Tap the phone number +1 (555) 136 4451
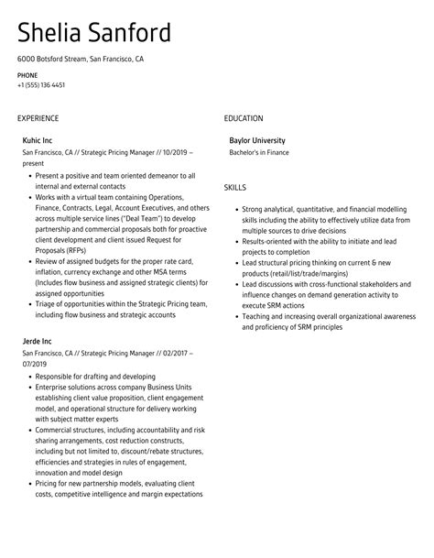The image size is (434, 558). (40, 85)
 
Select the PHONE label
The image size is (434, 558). (27, 74)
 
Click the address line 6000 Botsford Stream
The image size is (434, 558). (52, 59)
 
